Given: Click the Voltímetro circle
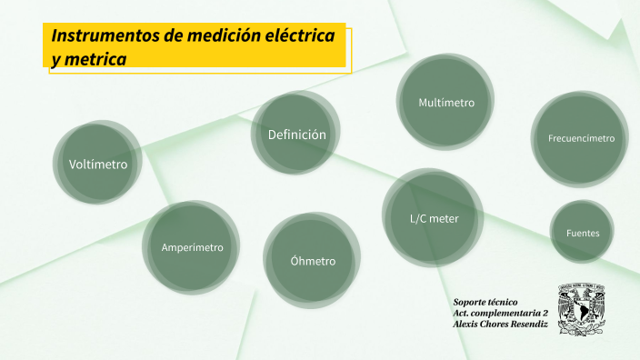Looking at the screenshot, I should coord(97,165).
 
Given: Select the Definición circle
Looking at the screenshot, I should coord(296,135).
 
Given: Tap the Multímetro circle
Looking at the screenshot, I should coord(445,103).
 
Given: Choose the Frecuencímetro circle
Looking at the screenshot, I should coord(581,139).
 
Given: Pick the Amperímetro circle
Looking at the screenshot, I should coord(192,247).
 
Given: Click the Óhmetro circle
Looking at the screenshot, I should coord(312,261).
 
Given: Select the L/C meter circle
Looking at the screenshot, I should coord(434,218).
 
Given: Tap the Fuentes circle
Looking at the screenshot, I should coord(582,233).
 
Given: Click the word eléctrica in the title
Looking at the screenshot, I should coord(295,35).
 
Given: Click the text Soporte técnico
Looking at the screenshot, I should coord(485,301).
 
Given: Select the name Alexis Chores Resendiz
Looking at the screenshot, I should coord(499,325).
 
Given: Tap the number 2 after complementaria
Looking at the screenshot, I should coord(545,313).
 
